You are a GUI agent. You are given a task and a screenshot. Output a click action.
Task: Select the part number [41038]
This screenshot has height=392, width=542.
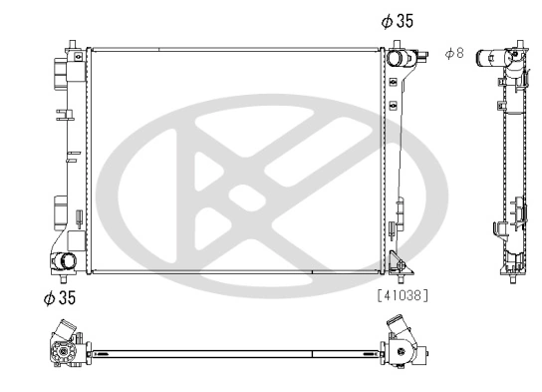406,295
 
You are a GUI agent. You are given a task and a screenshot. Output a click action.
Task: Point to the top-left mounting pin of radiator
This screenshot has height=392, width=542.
72,43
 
